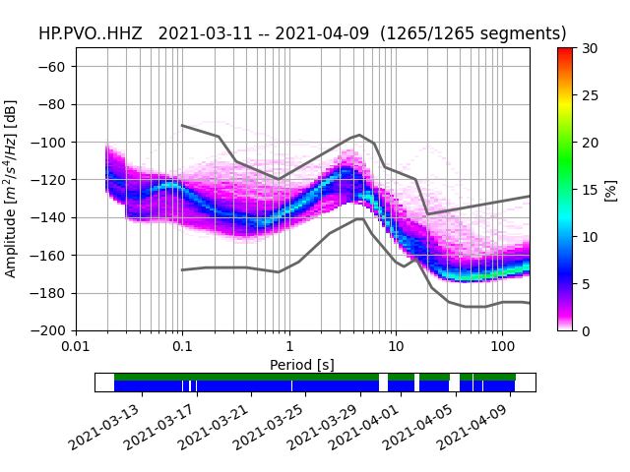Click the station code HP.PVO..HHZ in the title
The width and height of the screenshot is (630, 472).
click(90, 33)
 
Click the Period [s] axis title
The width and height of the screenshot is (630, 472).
click(302, 365)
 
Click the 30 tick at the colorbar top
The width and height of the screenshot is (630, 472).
click(590, 48)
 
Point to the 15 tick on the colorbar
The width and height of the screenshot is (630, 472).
click(590, 190)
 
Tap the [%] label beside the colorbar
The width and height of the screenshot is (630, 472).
click(611, 189)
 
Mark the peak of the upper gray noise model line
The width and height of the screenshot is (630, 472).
click(359, 135)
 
